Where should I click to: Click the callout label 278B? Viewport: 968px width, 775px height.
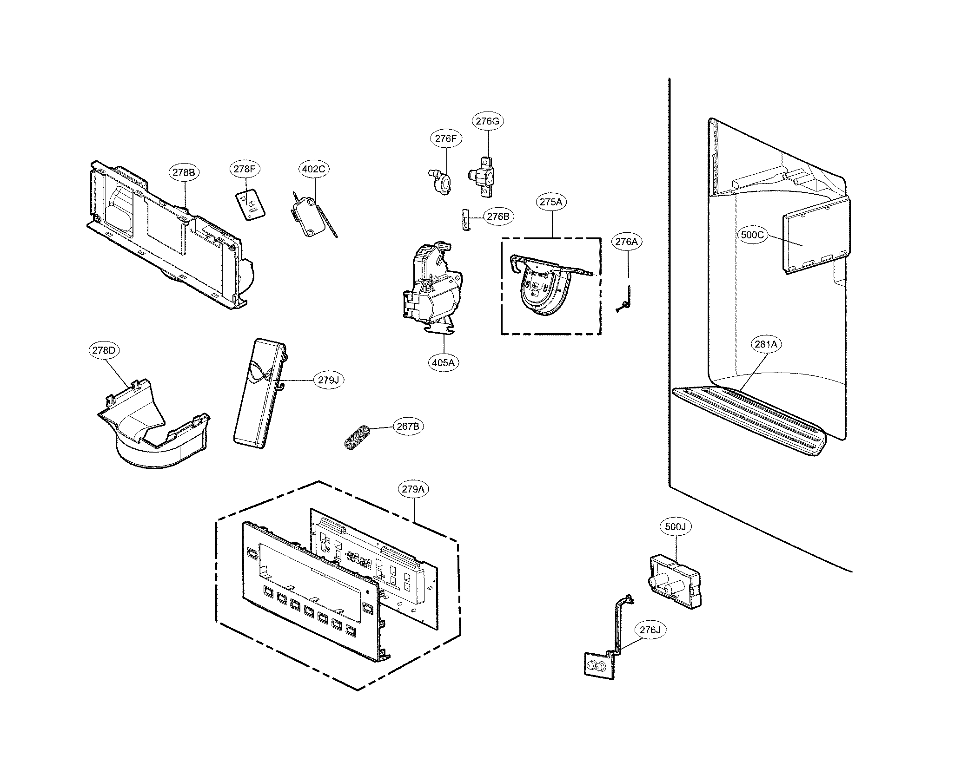point(184,172)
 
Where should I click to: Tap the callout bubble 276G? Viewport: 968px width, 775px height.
point(488,121)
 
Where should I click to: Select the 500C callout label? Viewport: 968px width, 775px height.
point(752,235)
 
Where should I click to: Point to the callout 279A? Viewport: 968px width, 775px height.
point(413,489)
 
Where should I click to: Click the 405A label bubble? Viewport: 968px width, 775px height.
point(443,362)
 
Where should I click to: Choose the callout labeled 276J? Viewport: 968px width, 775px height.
point(650,630)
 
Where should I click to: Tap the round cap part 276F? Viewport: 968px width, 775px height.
point(441,184)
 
